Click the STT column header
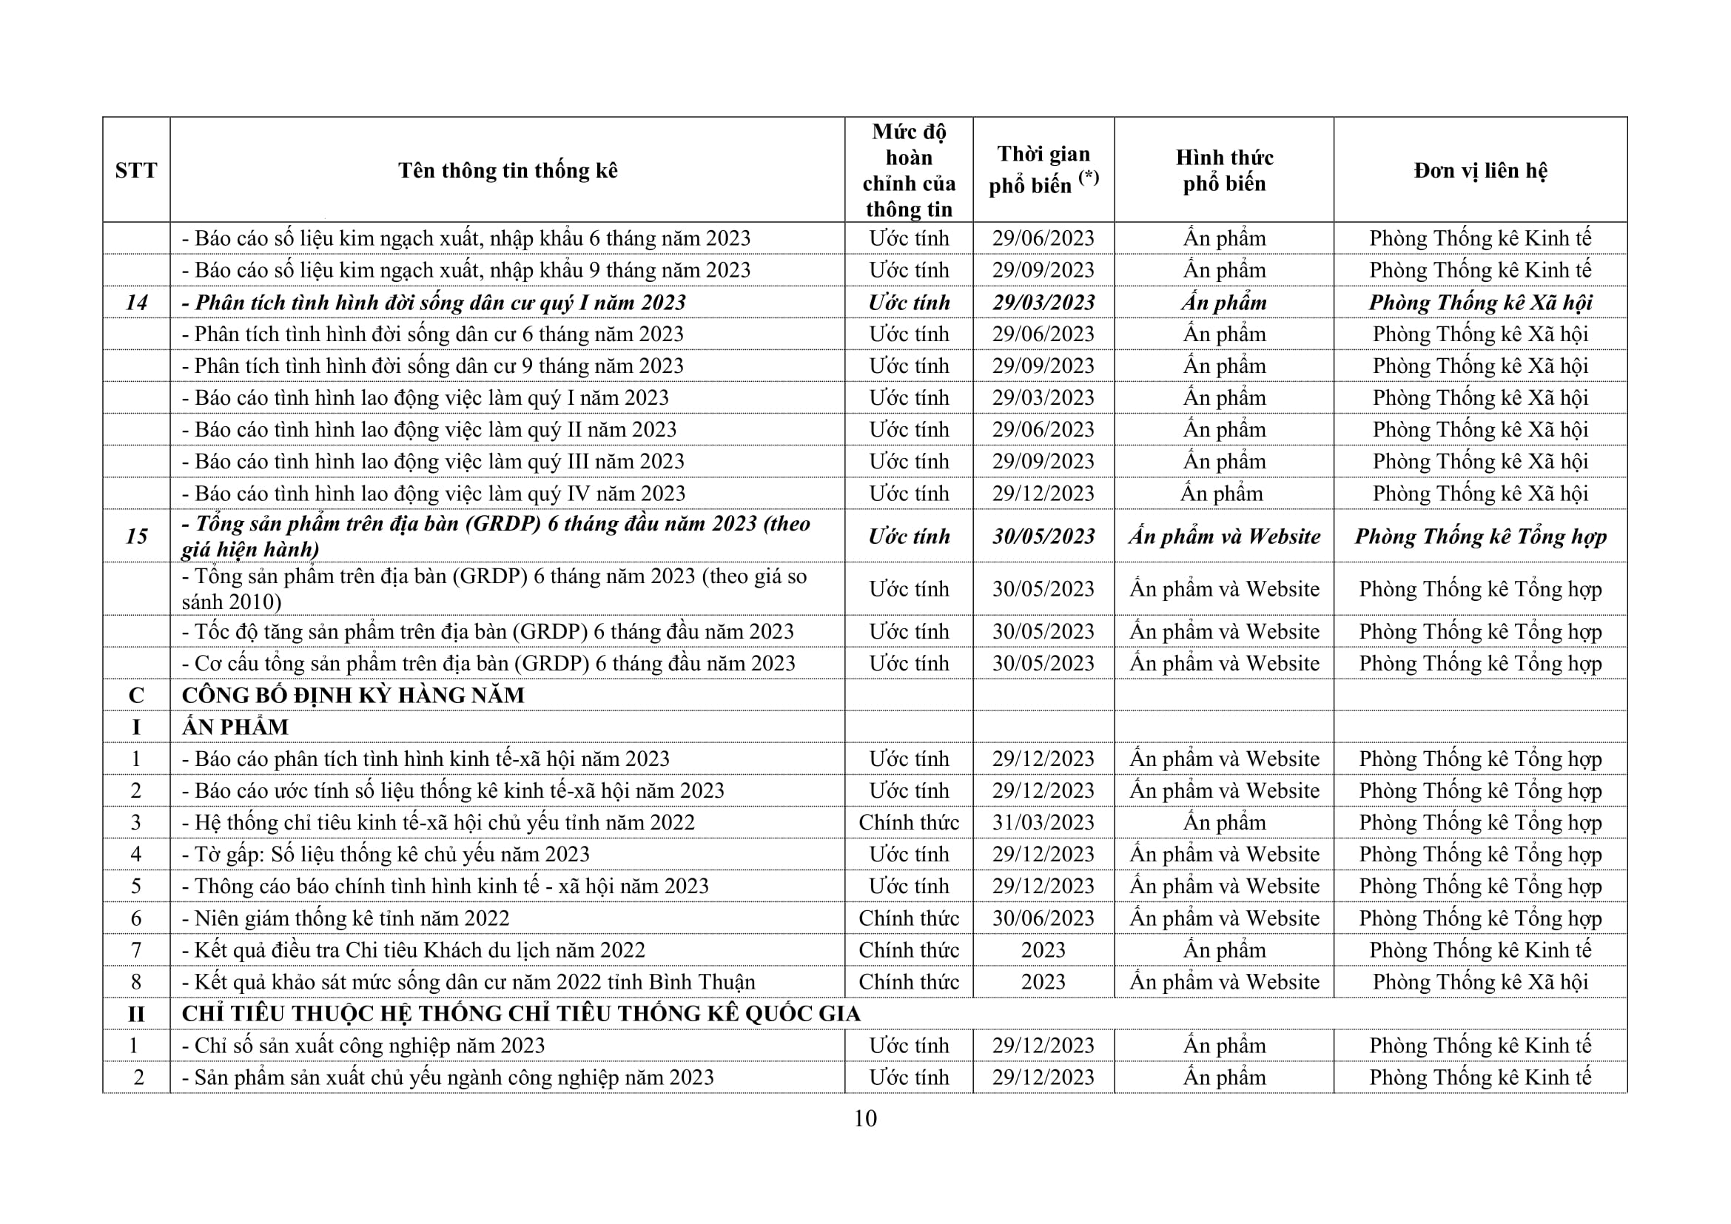click(135, 170)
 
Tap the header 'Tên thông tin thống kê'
click(508, 170)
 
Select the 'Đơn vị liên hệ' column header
click(1480, 170)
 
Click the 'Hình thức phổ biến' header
click(1223, 170)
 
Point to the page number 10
click(864, 1117)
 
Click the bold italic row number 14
click(135, 302)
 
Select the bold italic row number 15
click(135, 536)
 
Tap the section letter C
click(135, 695)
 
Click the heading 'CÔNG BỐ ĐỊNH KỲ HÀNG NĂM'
click(353, 695)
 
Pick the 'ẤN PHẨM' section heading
click(235, 727)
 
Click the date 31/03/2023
click(1043, 822)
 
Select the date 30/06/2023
click(1043, 918)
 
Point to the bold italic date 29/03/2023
click(1043, 302)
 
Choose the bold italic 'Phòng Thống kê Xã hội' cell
click(1480, 302)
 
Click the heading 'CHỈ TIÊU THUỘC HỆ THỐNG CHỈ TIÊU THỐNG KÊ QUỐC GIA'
click(521, 1014)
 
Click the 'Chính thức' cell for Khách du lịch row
click(909, 949)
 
